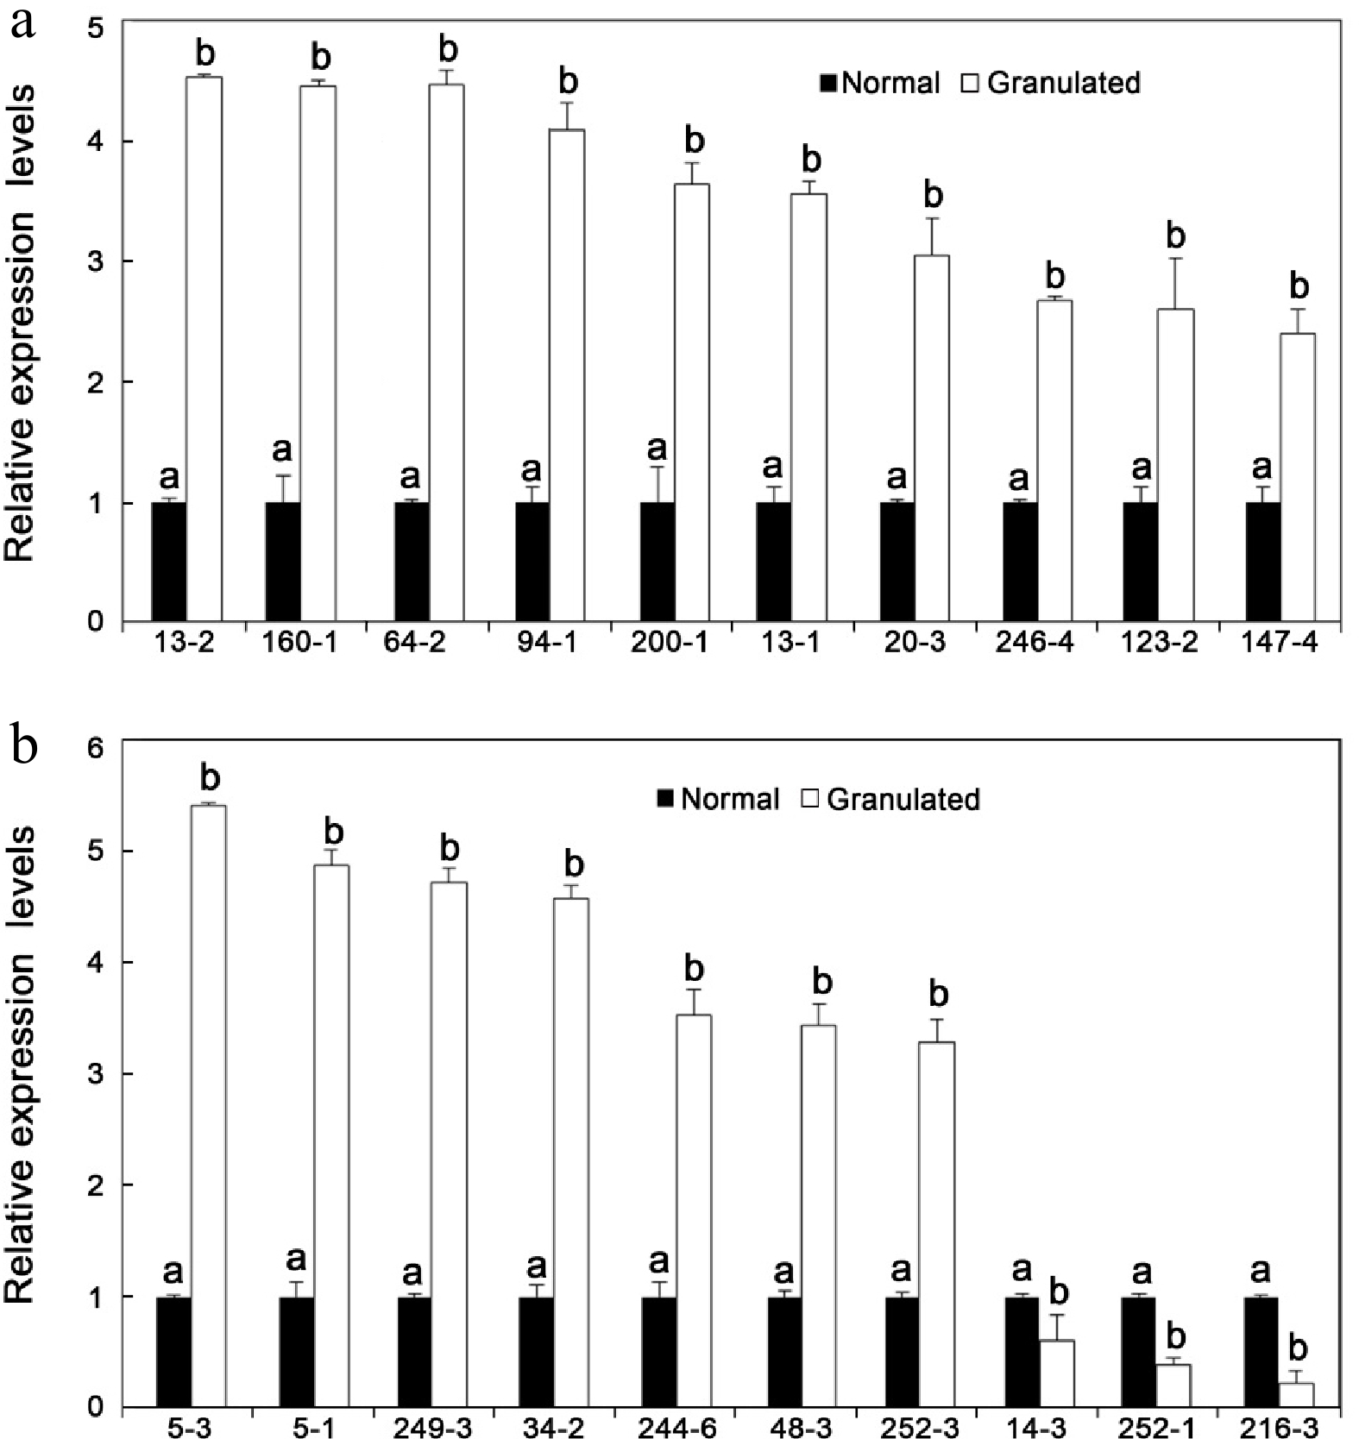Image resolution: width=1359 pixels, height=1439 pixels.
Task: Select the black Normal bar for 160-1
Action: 283,562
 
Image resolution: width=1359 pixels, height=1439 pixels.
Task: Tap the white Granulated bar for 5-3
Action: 209,1104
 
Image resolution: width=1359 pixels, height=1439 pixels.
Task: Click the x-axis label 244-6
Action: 676,1428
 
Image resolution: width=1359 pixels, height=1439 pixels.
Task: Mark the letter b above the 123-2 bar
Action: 1175,236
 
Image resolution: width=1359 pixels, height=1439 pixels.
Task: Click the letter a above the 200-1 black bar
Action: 657,448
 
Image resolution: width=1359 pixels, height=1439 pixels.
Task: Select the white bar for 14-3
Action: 1057,1373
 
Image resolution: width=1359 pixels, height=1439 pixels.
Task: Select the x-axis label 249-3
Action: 432,1428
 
